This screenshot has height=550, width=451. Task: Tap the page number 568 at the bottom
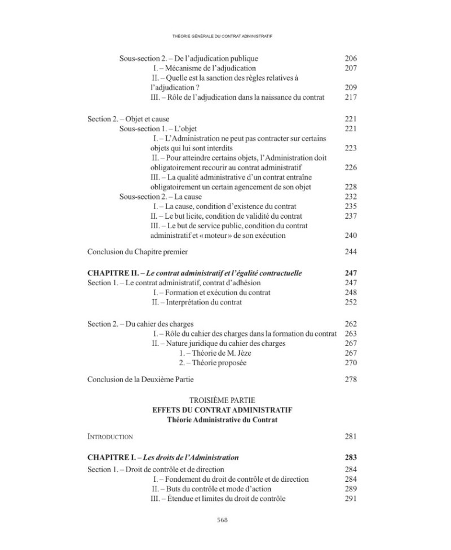coord(225,520)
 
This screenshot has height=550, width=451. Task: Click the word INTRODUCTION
coord(110,437)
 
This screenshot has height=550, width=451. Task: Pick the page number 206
coord(350,59)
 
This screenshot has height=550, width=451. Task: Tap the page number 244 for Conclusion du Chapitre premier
coord(350,251)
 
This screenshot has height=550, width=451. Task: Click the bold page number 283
coord(350,458)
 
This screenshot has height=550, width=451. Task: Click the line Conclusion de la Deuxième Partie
coord(142,379)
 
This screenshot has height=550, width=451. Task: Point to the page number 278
coord(350,379)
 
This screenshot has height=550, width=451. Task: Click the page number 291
coord(350,499)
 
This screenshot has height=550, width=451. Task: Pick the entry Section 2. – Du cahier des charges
coord(140,324)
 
